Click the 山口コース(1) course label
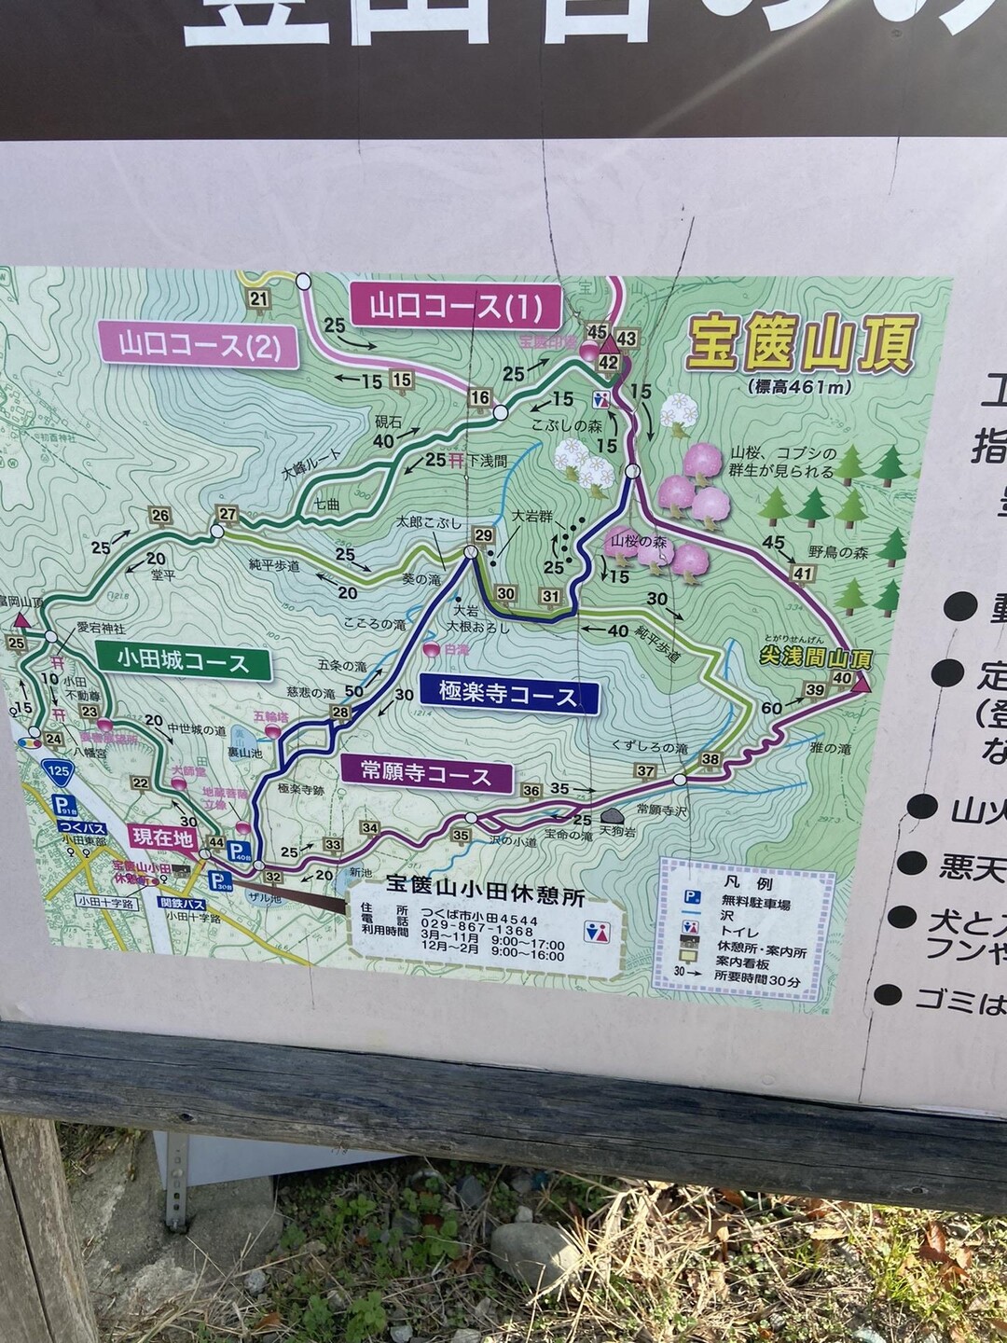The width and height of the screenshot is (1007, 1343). click(x=456, y=307)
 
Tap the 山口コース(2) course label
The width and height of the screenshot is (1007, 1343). click(x=199, y=346)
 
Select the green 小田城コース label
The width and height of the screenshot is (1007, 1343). click(x=184, y=663)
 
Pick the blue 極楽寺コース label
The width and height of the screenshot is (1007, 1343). click(x=508, y=695)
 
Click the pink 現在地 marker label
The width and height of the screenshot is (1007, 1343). click(x=163, y=837)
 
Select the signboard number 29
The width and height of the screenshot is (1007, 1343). click(x=482, y=535)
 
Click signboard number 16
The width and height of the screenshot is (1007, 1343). click(x=479, y=398)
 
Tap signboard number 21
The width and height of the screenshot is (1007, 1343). click(x=258, y=299)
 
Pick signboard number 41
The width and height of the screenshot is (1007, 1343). click(x=801, y=574)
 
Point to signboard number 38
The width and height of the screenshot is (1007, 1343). click(x=711, y=759)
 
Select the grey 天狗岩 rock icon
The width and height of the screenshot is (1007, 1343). click(x=613, y=815)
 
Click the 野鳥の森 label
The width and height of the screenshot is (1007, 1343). click(x=838, y=553)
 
